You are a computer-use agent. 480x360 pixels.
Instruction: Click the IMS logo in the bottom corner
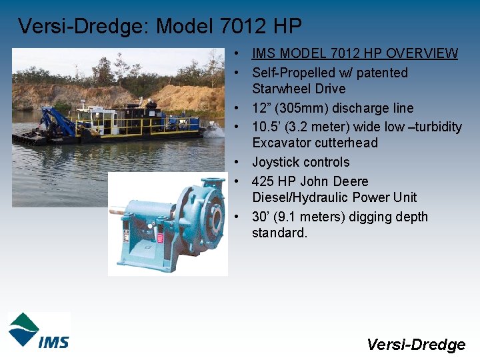[x=39, y=330]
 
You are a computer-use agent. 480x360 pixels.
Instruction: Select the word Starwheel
[x=280, y=89]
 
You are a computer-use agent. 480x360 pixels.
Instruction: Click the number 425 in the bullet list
[x=263, y=181]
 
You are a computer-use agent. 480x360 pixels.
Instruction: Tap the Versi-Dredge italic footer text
[x=415, y=344]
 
